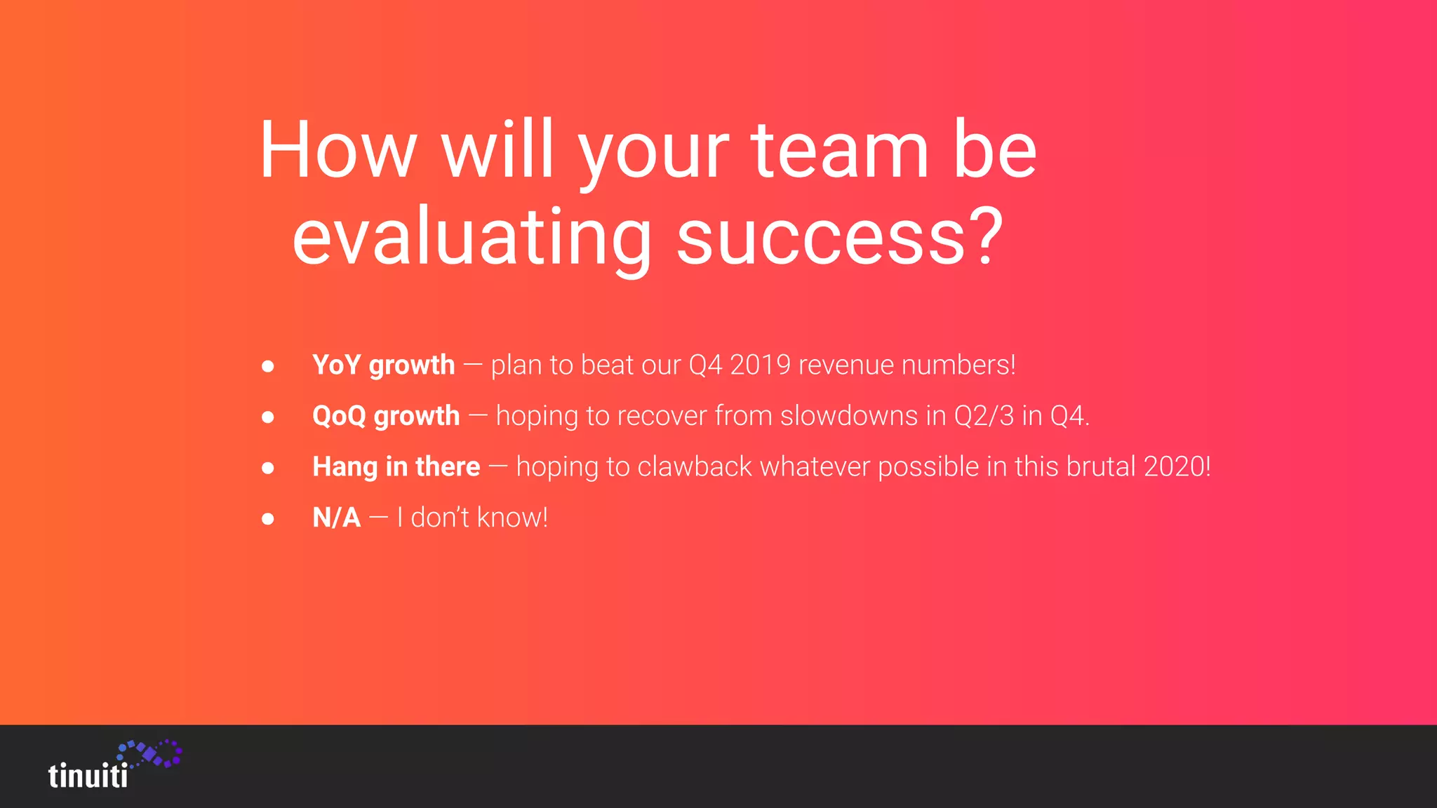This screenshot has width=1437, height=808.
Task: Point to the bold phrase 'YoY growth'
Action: pos(383,365)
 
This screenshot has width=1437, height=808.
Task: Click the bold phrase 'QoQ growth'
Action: pos(386,416)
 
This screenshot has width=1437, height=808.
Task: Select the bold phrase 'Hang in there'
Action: pos(396,467)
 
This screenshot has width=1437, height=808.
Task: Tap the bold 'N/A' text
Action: pos(336,518)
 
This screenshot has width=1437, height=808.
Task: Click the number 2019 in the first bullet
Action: pos(760,365)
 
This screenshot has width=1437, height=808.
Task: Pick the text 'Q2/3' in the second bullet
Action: pos(984,416)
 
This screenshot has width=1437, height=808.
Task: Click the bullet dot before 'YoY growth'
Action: pos(267,366)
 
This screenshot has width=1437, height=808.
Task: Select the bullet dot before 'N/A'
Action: pos(267,519)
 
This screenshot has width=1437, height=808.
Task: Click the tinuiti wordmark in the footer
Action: pos(88,776)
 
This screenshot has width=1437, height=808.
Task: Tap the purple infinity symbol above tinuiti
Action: pos(150,753)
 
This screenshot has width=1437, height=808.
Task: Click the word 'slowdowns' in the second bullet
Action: pos(848,416)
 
